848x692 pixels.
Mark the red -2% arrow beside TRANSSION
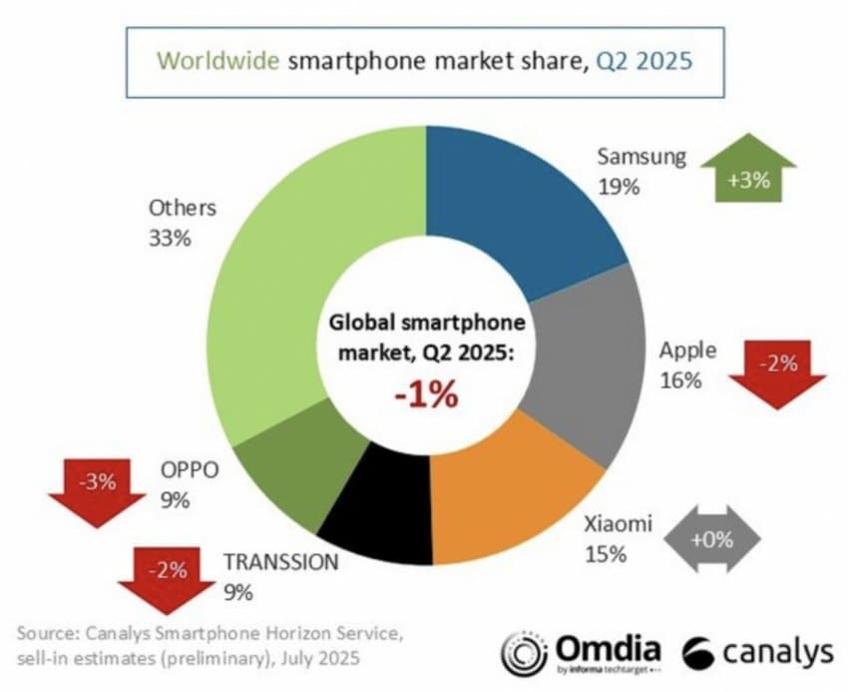click(x=166, y=576)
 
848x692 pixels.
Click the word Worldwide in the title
click(x=218, y=60)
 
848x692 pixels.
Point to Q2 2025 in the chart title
click(x=644, y=60)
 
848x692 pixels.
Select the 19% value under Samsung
click(x=618, y=186)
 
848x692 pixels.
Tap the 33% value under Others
click(x=169, y=240)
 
